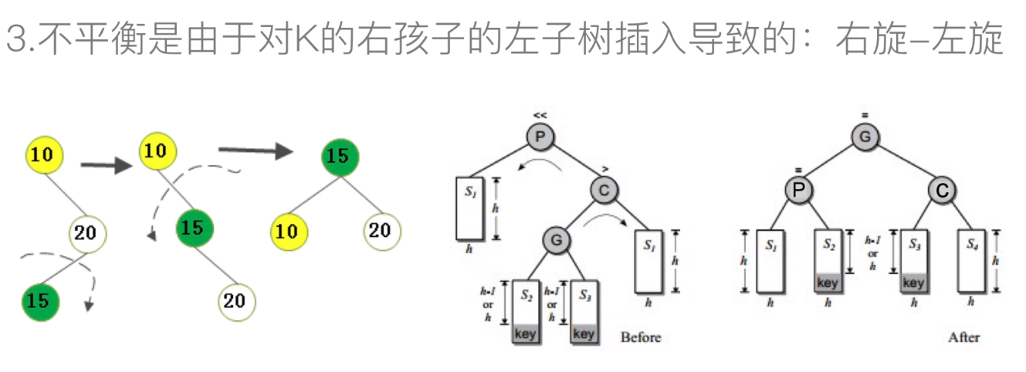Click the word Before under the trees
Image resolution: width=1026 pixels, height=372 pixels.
pyautogui.click(x=641, y=337)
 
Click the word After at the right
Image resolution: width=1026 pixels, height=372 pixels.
pyautogui.click(x=963, y=337)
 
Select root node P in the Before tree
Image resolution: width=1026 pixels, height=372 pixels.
pyautogui.click(x=540, y=137)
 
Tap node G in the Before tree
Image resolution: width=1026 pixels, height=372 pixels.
pyautogui.click(x=557, y=240)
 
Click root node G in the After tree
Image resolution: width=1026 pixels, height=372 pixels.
pyautogui.click(x=865, y=137)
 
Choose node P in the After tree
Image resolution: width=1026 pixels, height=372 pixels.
pyautogui.click(x=801, y=189)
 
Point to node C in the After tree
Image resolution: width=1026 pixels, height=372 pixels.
pyautogui.click(x=941, y=189)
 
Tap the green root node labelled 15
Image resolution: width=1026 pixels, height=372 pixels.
pyautogui.click(x=337, y=157)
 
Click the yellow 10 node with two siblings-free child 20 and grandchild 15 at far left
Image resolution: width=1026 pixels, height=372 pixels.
pyautogui.click(x=42, y=154)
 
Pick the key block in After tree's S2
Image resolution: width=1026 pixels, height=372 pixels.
pyautogui.click(x=827, y=283)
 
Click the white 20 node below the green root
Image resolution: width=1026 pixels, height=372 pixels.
pyautogui.click(x=379, y=230)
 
